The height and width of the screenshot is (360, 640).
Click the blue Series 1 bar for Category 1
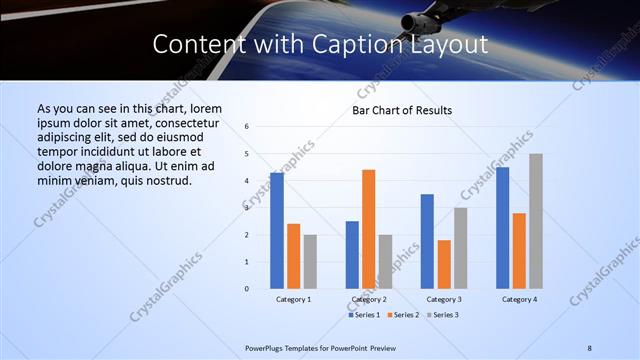pos(277,230)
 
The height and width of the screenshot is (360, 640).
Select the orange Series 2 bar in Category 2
pos(369,229)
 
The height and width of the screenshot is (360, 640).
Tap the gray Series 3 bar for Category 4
pos(536,221)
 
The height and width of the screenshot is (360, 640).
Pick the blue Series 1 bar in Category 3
pos(427,241)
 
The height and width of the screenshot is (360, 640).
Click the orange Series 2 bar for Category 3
pos(444,264)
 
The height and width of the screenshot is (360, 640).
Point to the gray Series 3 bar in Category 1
pos(310,261)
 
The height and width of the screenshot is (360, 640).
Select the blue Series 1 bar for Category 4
pos(502,228)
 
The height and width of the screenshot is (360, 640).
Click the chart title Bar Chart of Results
pos(401,110)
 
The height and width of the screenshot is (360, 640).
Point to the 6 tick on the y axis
pos(246,127)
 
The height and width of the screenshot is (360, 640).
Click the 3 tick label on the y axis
pos(246,208)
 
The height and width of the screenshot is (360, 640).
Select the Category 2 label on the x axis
pos(369,299)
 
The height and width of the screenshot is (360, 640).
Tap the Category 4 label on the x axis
pos(519,299)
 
